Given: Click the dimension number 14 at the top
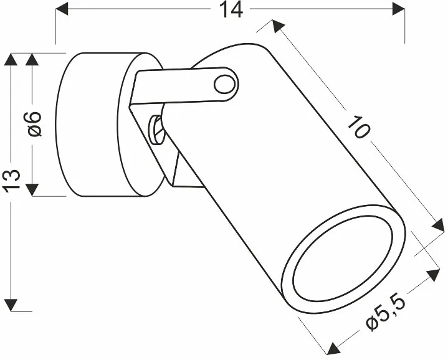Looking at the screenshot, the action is click(231, 9).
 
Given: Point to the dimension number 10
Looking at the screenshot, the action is click(359, 127).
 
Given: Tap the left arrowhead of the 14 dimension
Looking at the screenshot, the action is click(62, 9).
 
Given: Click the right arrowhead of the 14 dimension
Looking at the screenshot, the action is click(399, 9).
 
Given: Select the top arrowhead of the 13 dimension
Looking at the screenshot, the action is click(11, 59).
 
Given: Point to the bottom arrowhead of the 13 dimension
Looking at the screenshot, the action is click(11, 305).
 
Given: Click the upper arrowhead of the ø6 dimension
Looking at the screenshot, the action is click(32, 59).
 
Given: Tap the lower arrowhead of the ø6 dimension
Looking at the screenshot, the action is click(32, 190).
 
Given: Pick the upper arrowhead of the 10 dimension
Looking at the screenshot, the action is click(277, 26).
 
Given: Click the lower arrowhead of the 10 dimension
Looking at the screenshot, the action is click(438, 224).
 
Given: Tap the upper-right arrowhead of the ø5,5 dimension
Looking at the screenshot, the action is click(433, 275).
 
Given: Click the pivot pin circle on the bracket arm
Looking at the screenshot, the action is click(225, 85).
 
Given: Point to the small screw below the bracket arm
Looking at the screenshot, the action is click(156, 130).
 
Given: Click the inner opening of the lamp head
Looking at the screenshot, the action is click(343, 258).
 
